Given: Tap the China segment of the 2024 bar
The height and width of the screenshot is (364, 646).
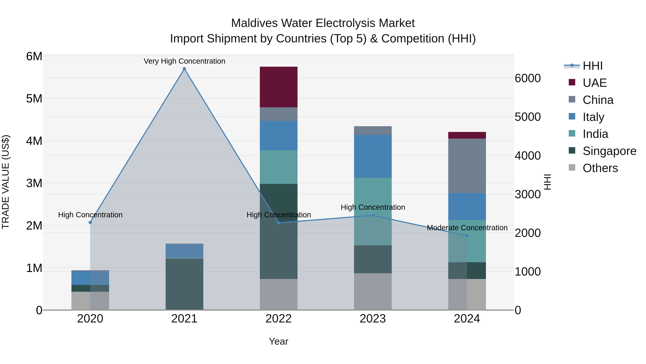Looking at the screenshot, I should click(x=467, y=166).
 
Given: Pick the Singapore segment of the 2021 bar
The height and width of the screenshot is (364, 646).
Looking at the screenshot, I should click(x=184, y=284).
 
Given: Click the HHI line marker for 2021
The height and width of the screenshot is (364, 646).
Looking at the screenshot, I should click(x=184, y=69).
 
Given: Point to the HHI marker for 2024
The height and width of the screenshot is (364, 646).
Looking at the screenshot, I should click(x=467, y=236).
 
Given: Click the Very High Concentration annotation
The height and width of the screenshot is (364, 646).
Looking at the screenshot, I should click(x=184, y=61).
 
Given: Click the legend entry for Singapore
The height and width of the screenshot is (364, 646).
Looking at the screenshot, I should click(x=609, y=151).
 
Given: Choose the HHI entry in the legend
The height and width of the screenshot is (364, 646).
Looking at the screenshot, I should click(x=592, y=66).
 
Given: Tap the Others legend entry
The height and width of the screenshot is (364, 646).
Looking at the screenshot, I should click(x=600, y=168).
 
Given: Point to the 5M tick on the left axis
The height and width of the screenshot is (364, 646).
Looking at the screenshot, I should click(x=34, y=99).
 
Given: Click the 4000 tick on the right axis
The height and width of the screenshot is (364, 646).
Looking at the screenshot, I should click(x=528, y=155).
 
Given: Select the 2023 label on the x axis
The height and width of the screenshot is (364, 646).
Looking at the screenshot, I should click(x=373, y=319).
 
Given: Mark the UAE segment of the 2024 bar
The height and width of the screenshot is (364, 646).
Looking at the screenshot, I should click(x=467, y=135).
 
